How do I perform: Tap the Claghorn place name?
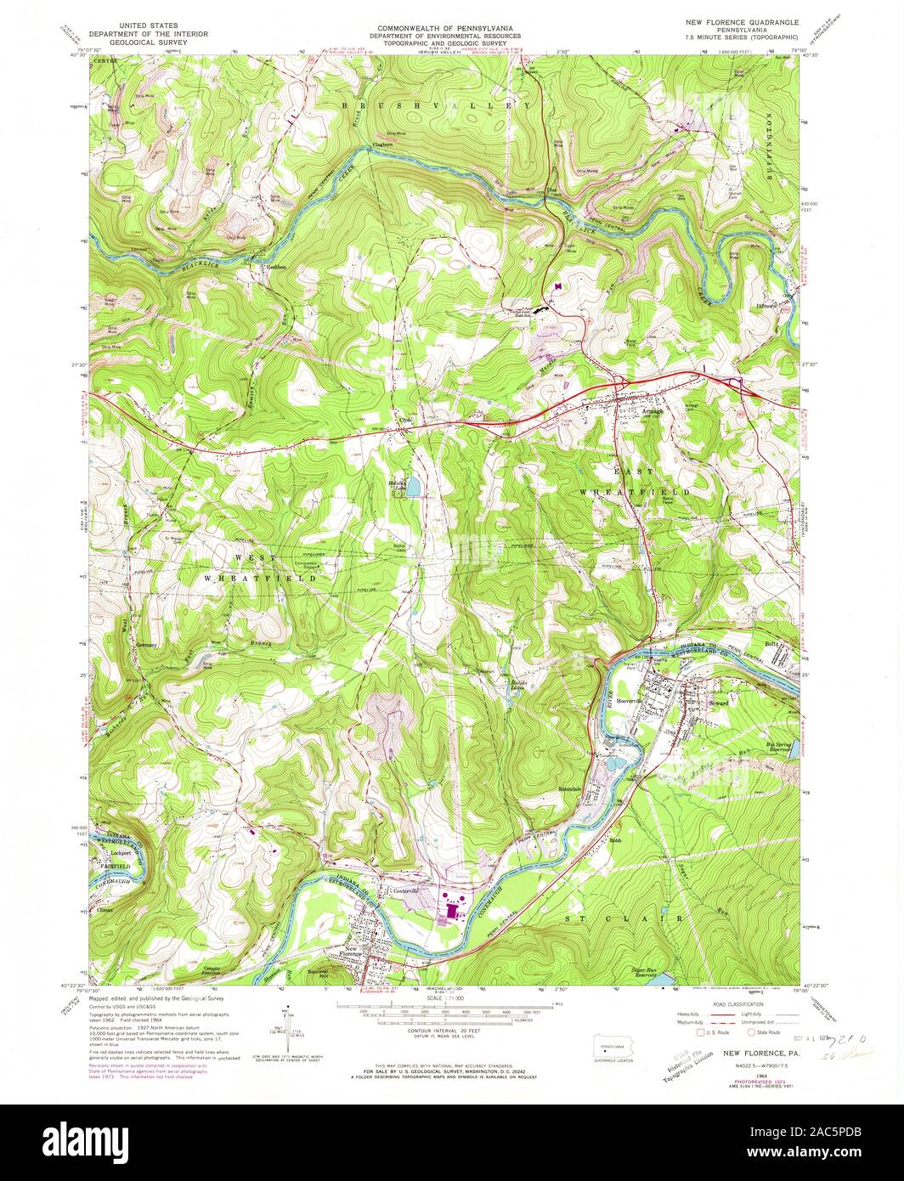(x=384, y=145)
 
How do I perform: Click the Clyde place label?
(x=406, y=420)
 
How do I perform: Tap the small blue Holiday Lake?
(x=413, y=489)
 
